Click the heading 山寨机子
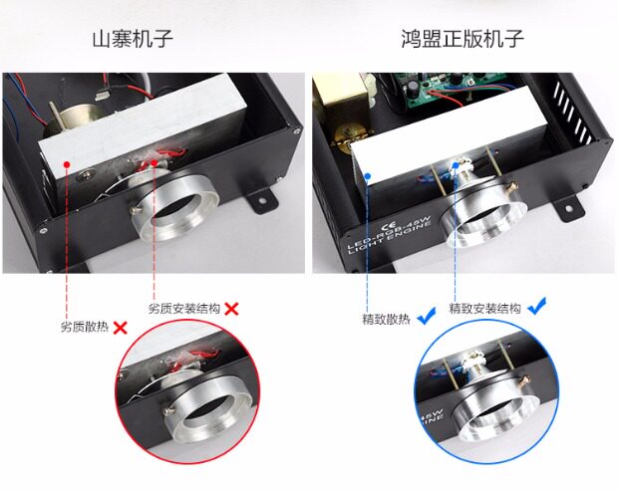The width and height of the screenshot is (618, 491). click(x=133, y=39)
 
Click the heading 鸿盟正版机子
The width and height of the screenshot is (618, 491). click(x=463, y=39)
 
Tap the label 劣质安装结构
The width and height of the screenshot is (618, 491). click(x=184, y=309)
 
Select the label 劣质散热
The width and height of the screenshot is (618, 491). click(x=85, y=327)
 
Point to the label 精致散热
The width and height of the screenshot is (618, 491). click(x=387, y=319)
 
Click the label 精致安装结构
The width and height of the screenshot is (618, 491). click(x=485, y=309)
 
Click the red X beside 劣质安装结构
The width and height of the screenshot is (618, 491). click(x=231, y=309)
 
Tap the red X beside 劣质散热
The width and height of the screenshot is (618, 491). click(x=121, y=328)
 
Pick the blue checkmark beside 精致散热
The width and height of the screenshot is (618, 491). click(x=427, y=316)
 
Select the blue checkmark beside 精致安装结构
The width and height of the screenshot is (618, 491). click(x=537, y=306)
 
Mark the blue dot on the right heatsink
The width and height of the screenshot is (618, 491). click(x=368, y=176)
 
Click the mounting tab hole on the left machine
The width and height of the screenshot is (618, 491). click(x=261, y=200)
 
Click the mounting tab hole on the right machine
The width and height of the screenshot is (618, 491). click(x=568, y=208)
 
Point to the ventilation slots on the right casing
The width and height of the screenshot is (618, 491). click(x=573, y=113)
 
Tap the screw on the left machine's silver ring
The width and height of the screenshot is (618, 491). click(x=136, y=210)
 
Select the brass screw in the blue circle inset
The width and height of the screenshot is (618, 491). click(x=523, y=380)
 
